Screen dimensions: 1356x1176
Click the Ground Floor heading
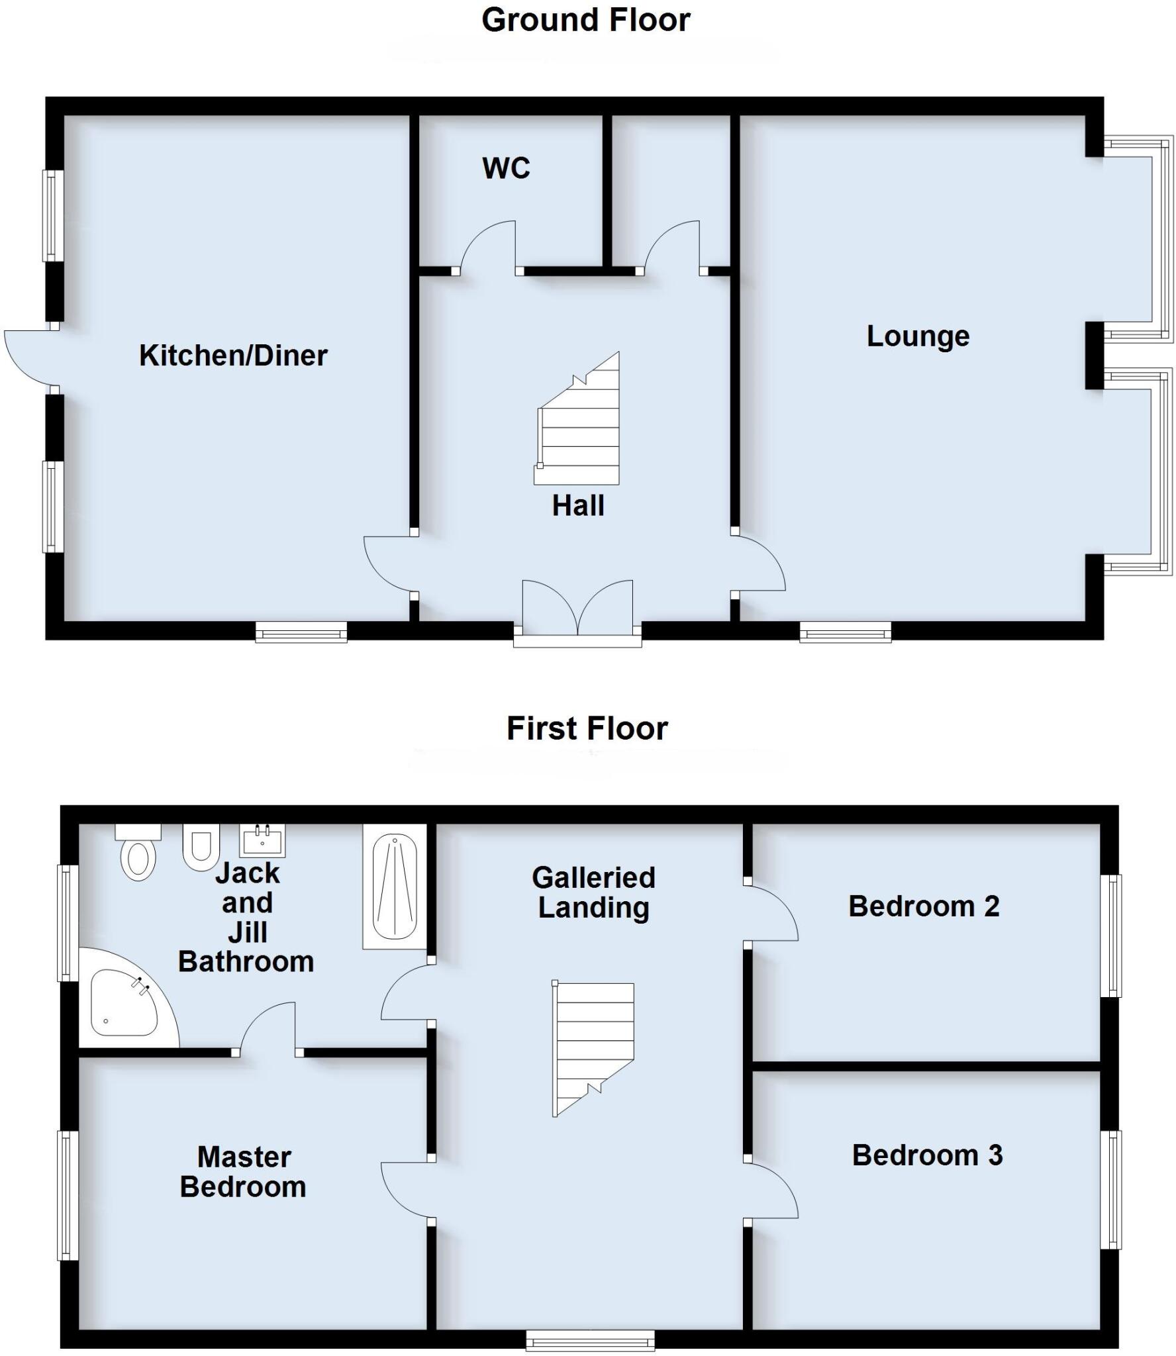(585, 20)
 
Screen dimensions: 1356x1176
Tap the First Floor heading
(587, 728)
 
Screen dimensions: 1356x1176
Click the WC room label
(506, 168)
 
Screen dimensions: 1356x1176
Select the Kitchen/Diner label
(233, 356)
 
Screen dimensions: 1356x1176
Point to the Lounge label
(918, 336)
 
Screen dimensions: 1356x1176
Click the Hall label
(578, 506)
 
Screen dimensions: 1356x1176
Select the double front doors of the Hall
(577, 609)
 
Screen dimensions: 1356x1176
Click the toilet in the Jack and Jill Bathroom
(138, 854)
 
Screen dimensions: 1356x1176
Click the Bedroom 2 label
(923, 906)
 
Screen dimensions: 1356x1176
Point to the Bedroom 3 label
(926, 1155)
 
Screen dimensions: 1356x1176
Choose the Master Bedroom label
(244, 1172)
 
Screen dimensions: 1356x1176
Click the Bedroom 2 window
(1110, 935)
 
